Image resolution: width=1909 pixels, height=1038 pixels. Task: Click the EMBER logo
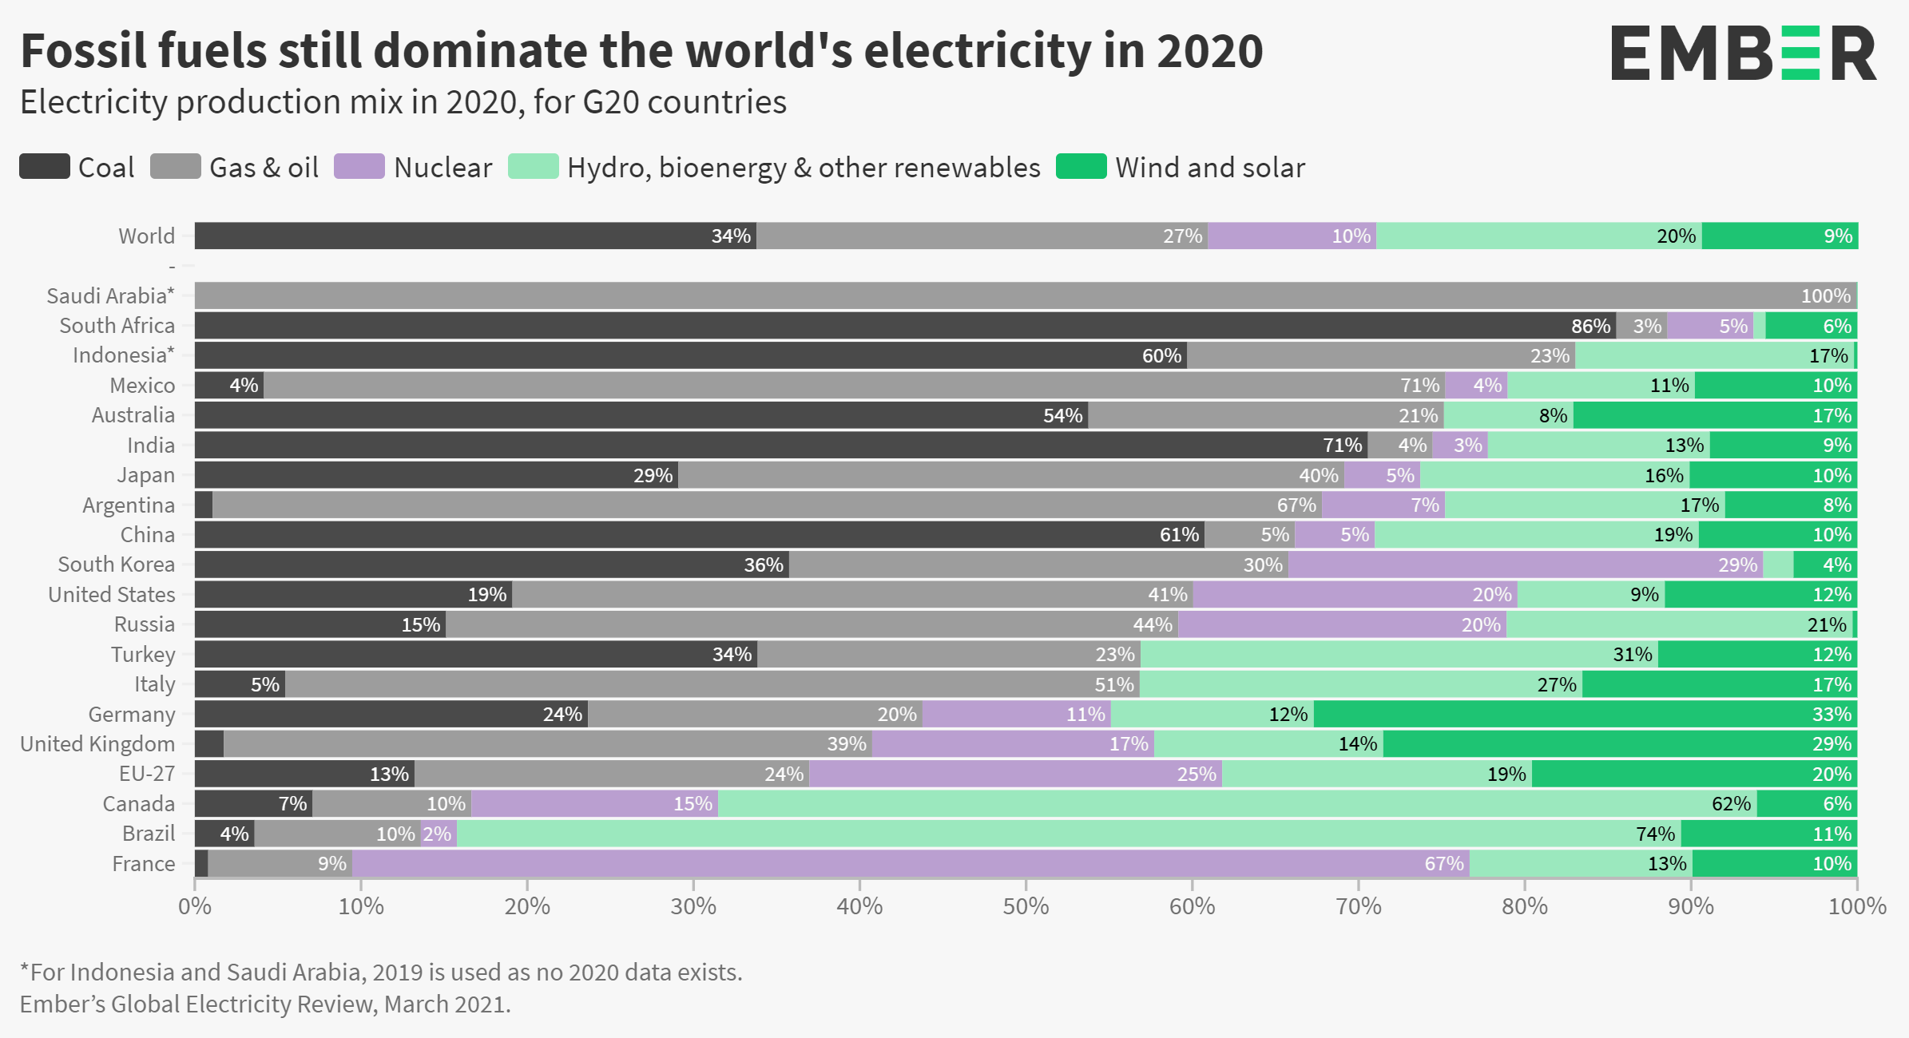(x=1743, y=53)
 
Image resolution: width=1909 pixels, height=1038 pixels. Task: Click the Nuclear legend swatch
(x=359, y=167)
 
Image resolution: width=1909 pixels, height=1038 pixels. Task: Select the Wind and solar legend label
(x=1210, y=168)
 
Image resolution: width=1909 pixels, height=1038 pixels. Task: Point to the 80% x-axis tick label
(x=1524, y=906)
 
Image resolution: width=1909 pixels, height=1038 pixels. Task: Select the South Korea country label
(x=116, y=565)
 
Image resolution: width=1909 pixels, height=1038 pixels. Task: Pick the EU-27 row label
(x=147, y=774)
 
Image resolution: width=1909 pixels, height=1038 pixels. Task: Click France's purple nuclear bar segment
(x=911, y=863)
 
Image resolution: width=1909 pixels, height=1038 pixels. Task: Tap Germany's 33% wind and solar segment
(x=1586, y=714)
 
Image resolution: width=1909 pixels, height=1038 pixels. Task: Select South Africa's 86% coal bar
(x=905, y=326)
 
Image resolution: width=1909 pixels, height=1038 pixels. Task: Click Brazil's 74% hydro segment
(x=1069, y=834)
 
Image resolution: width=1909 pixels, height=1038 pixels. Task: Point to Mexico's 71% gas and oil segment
(x=854, y=386)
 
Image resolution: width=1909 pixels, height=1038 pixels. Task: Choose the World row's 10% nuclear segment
(x=1292, y=236)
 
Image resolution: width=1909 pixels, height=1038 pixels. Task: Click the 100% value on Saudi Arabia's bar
(x=1825, y=296)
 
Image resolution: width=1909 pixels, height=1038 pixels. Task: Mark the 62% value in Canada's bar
(x=1731, y=804)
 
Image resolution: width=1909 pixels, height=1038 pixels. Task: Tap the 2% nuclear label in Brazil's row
(x=438, y=834)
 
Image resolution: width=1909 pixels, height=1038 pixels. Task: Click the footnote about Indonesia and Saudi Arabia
(x=381, y=972)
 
